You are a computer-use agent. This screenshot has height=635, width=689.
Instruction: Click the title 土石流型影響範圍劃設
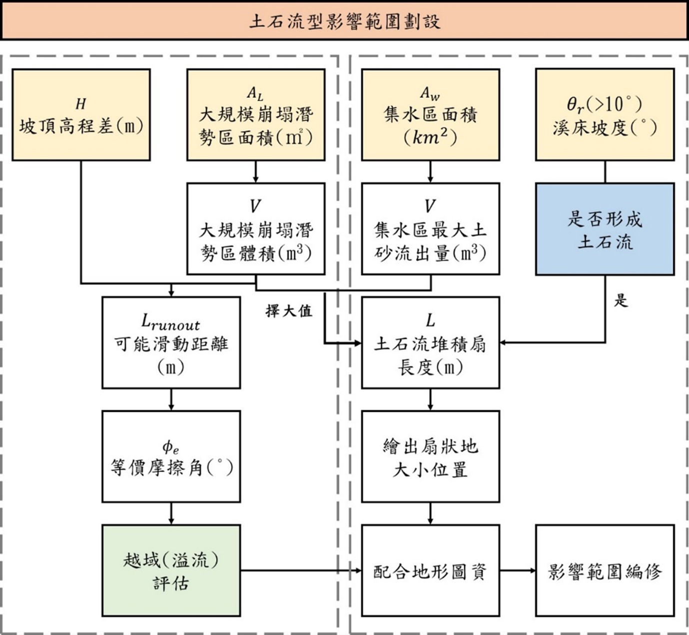(x=344, y=21)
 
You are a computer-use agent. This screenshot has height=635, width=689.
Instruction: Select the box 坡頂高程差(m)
(x=81, y=115)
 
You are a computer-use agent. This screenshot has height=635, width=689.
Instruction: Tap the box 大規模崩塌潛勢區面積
(x=256, y=115)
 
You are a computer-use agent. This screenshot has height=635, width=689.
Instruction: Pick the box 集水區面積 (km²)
(x=430, y=115)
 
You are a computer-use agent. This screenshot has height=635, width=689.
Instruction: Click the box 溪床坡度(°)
(x=605, y=115)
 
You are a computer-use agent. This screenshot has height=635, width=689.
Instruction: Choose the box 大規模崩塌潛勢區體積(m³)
(x=256, y=229)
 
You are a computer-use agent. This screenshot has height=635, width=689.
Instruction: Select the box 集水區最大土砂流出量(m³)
(x=430, y=229)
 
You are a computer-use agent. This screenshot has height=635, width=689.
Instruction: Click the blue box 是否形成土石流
(x=605, y=229)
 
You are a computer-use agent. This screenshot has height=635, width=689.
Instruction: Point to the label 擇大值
(x=289, y=311)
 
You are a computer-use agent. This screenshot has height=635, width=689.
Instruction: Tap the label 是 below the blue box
(x=621, y=300)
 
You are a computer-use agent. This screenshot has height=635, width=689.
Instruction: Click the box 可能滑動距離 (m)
(x=171, y=342)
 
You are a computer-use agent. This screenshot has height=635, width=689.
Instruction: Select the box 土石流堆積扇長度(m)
(x=430, y=342)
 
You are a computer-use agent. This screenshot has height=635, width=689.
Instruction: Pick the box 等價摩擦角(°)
(x=171, y=456)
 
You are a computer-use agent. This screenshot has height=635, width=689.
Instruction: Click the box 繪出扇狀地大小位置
(x=430, y=456)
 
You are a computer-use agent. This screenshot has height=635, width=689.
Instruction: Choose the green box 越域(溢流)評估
(x=171, y=570)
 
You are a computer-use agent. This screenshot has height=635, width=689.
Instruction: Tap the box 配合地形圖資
(x=430, y=570)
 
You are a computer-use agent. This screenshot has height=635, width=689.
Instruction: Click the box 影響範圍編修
(x=605, y=570)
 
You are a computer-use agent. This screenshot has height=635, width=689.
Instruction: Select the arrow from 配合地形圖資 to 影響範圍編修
(x=518, y=570)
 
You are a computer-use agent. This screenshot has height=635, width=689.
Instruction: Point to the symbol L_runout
(x=170, y=322)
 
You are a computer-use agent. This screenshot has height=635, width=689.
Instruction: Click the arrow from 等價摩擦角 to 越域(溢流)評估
(x=171, y=513)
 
